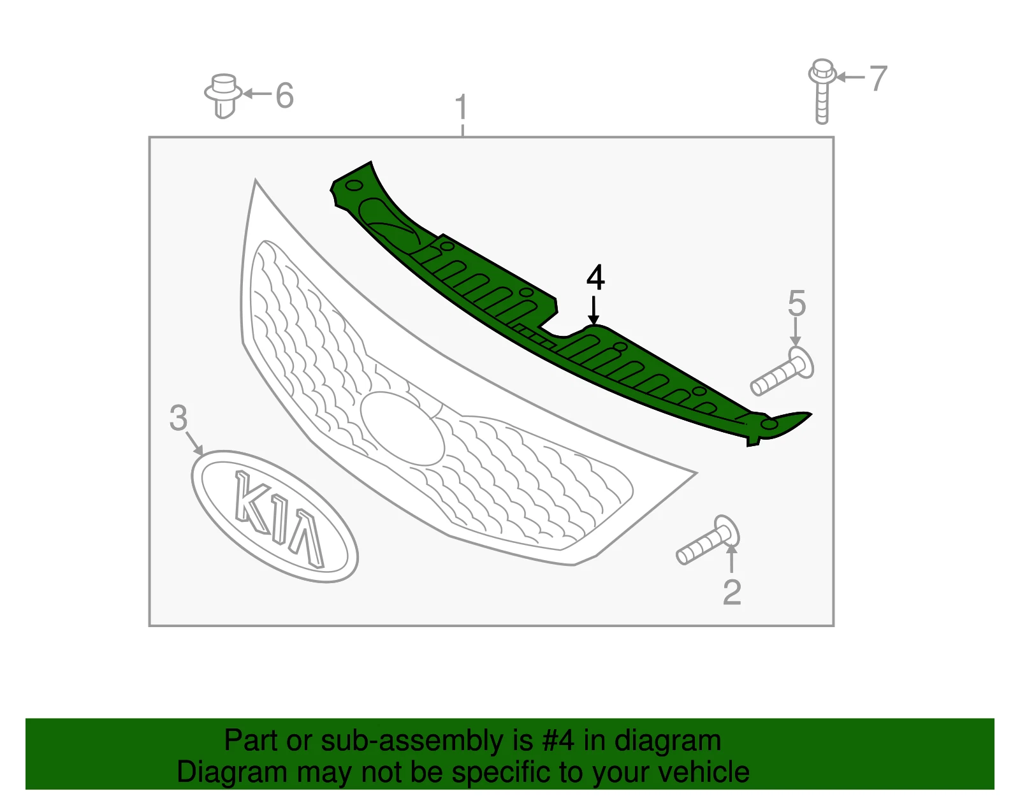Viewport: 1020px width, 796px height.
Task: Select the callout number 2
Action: (732, 592)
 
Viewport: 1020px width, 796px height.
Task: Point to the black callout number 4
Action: (595, 277)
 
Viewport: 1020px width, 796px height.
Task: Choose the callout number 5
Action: (797, 303)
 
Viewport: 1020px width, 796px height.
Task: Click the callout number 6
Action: (285, 95)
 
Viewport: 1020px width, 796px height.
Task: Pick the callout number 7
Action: (878, 78)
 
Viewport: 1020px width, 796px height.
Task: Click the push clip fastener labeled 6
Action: (223, 96)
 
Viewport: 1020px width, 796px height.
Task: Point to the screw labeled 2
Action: (708, 540)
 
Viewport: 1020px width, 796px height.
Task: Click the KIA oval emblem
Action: (275, 516)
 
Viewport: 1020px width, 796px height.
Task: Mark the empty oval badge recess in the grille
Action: (402, 428)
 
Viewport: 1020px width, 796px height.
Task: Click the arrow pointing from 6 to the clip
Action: (257, 94)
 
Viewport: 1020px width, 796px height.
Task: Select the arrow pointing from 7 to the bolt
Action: (850, 77)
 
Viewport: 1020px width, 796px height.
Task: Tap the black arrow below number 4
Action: (594, 310)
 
